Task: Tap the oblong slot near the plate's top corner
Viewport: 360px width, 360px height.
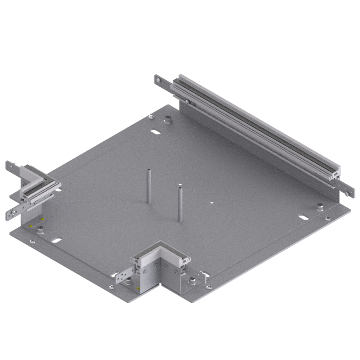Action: pyautogui.click(x=155, y=132)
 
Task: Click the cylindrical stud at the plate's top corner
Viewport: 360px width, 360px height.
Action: pyautogui.click(x=168, y=120)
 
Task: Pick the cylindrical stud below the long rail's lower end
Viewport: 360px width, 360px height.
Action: pyautogui.click(x=319, y=207)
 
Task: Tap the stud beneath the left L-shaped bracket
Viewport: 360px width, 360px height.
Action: pyautogui.click(x=40, y=231)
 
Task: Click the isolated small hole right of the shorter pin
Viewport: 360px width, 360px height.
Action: pyautogui.click(x=211, y=203)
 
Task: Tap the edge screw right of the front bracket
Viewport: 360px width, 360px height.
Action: pyautogui.click(x=208, y=287)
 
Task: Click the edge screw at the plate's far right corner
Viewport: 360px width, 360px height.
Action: pyautogui.click(x=328, y=219)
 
